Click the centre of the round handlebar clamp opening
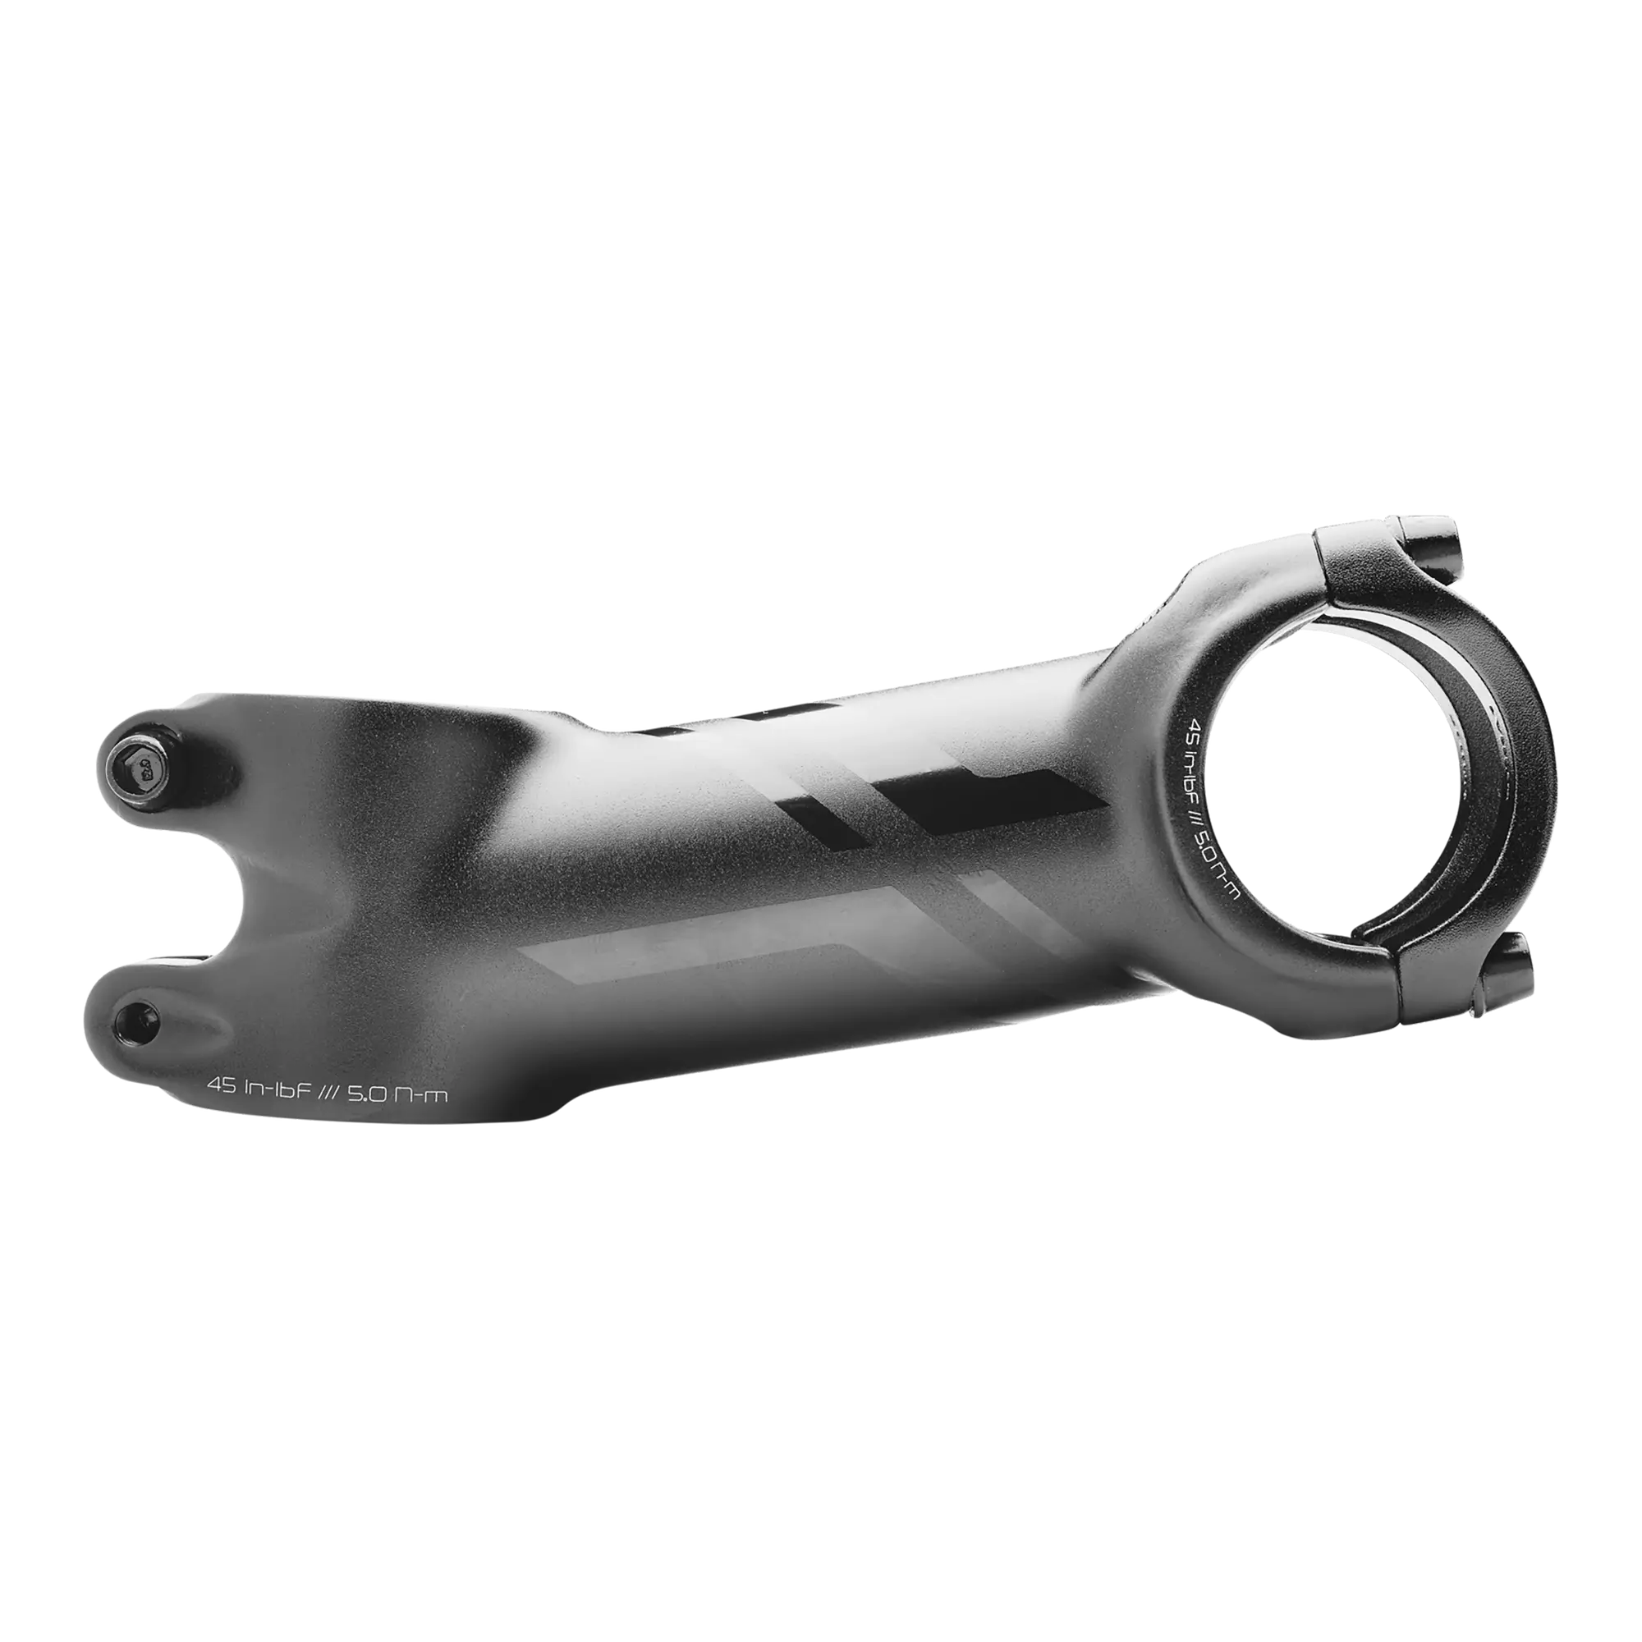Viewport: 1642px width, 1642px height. [x=1326, y=769]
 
